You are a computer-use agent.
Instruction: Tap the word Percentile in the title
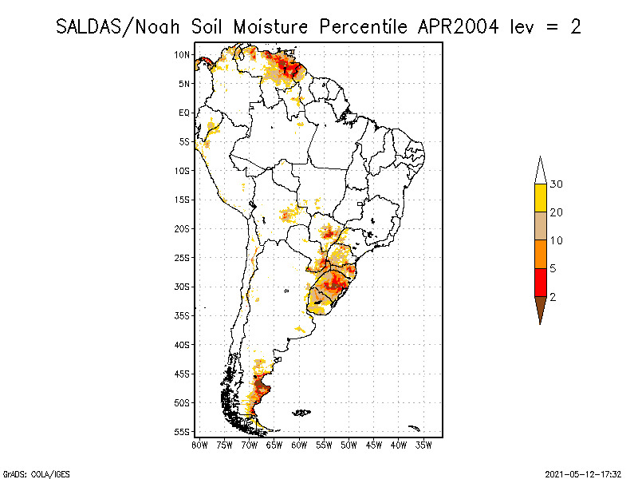pos(364,26)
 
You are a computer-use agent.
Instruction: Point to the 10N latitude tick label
pos(183,54)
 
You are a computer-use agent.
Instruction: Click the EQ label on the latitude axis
pos(184,113)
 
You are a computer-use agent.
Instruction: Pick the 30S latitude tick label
pos(183,287)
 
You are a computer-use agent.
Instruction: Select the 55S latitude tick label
pos(183,432)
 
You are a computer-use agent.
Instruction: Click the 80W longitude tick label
pos(200,445)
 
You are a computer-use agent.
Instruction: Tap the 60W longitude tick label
pos(300,445)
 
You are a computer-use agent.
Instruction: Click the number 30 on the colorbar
pos(557,184)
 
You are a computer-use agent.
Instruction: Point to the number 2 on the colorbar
pos(553,296)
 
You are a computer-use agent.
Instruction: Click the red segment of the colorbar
pos(541,283)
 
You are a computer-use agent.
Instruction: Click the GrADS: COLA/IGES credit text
pos(27,473)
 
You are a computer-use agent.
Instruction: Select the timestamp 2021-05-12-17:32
pos(584,473)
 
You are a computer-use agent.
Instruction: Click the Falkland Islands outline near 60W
pos(301,413)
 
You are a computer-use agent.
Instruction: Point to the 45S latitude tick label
pos(183,374)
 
